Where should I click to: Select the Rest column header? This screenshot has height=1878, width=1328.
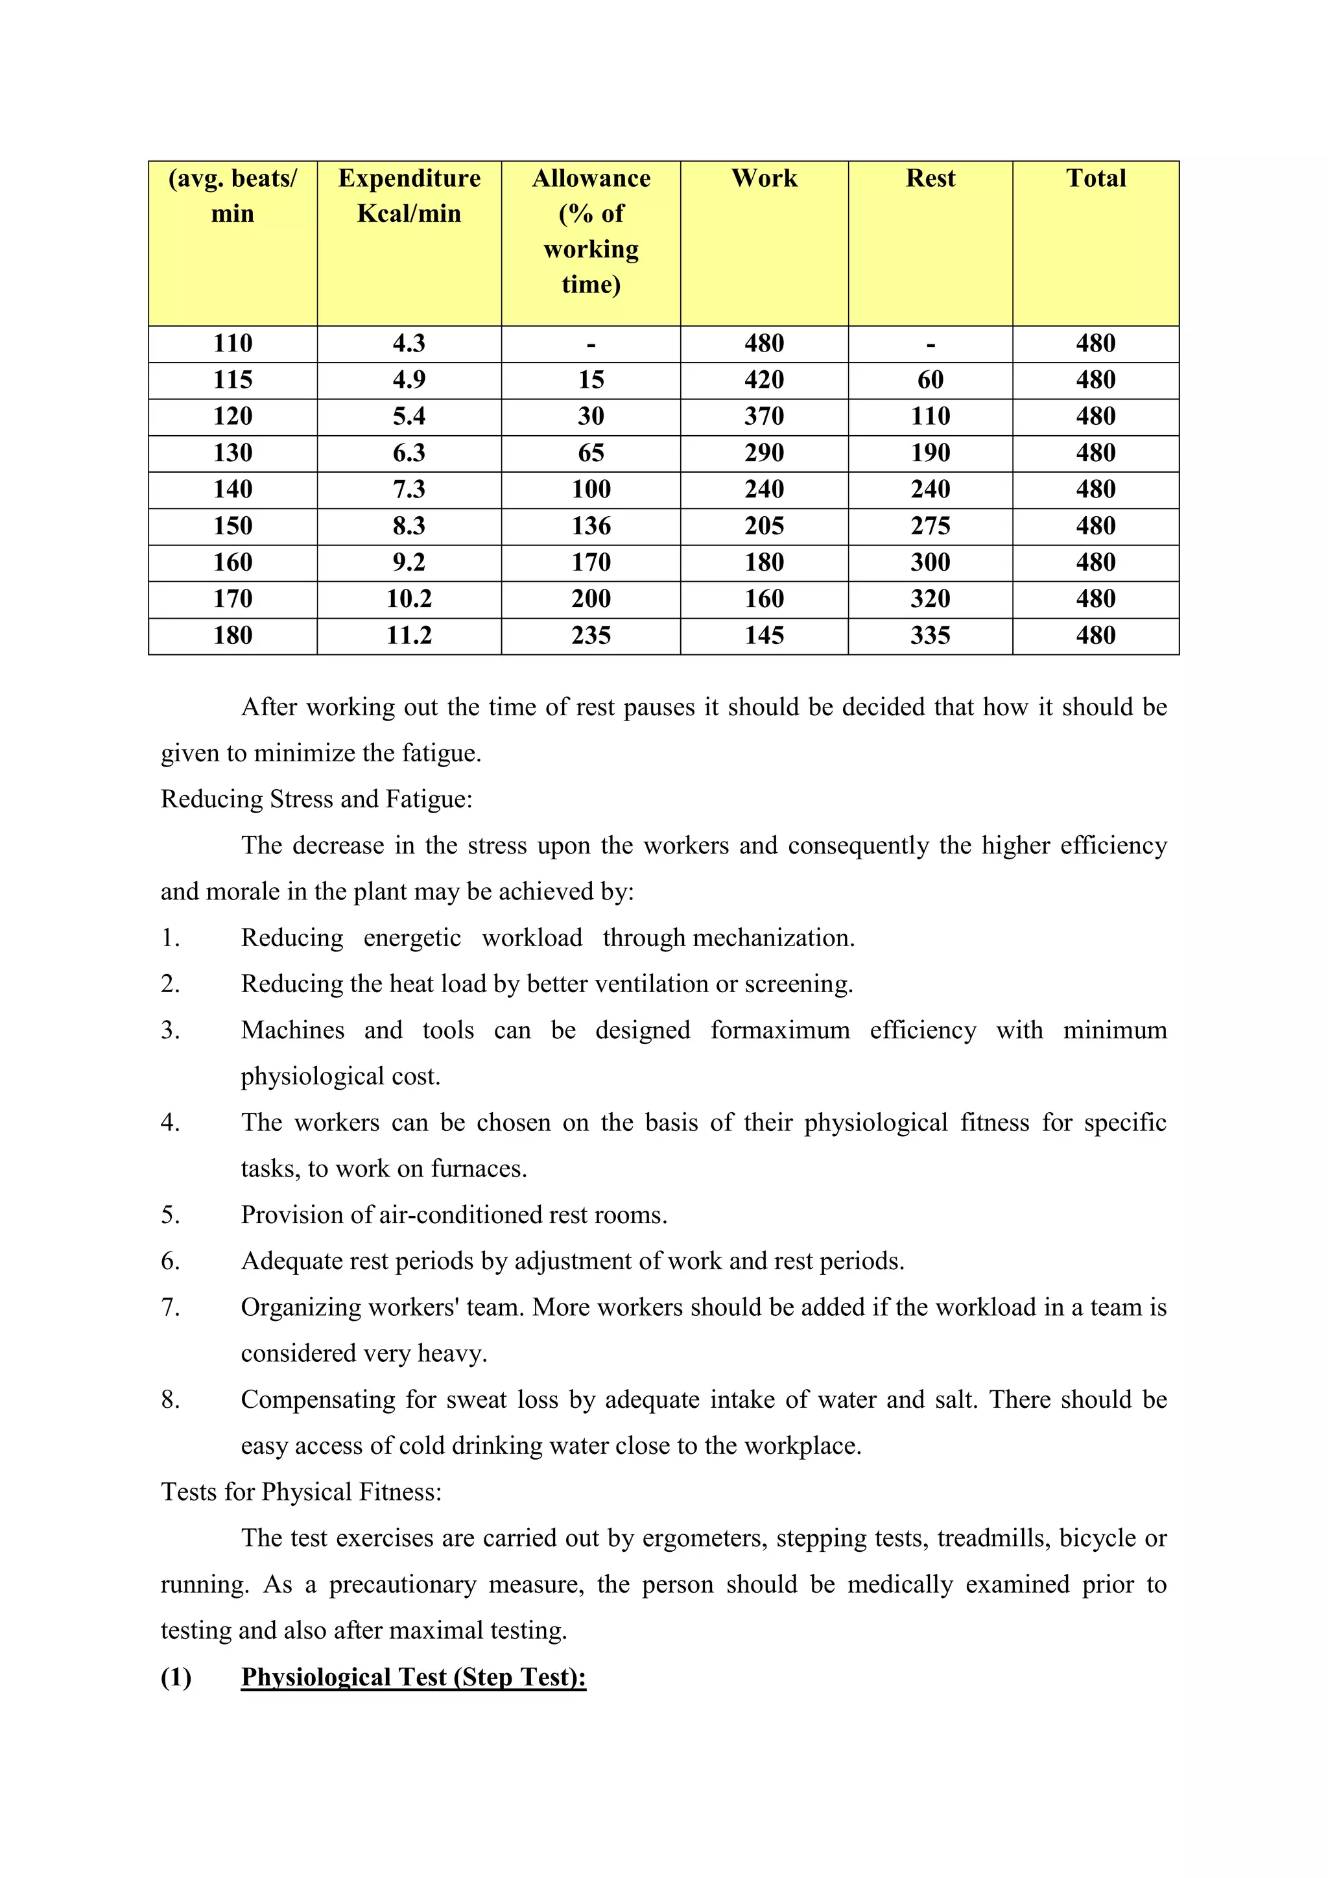click(930, 178)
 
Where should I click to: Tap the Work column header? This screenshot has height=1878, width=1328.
click(764, 178)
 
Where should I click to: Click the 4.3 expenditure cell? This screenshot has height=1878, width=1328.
click(409, 344)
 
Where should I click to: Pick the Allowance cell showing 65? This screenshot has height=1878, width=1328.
click(591, 453)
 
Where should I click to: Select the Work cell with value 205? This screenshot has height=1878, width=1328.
click(764, 526)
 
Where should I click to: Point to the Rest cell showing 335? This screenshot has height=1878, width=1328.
click(930, 636)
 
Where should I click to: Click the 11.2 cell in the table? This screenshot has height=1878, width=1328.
click(409, 636)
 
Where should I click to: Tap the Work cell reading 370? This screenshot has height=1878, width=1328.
click(764, 416)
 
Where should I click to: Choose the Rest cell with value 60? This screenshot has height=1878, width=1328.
click(930, 379)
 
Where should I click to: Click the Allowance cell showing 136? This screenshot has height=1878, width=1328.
click(591, 526)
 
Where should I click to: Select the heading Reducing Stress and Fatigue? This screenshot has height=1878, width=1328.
click(316, 799)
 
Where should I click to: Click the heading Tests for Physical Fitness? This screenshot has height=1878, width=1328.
click(301, 1492)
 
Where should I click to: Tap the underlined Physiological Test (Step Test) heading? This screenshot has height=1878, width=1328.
click(414, 1677)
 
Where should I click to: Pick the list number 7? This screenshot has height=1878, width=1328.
click(170, 1307)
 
